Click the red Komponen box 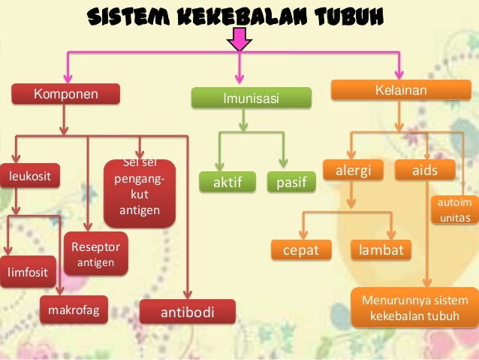coord(65,94)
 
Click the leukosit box coord(30,177)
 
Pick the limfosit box coord(26,272)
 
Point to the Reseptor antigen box coord(95,254)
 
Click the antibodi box coord(188,311)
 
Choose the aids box coord(425,171)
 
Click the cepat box coord(300,250)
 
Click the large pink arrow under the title coord(240,38)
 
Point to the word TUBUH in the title coord(350,16)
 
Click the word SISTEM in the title coord(121,16)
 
